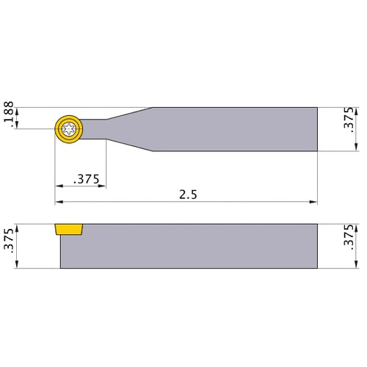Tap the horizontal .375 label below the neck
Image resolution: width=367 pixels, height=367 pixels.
tap(87, 179)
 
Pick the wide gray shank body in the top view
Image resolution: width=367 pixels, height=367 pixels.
tap(235, 129)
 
